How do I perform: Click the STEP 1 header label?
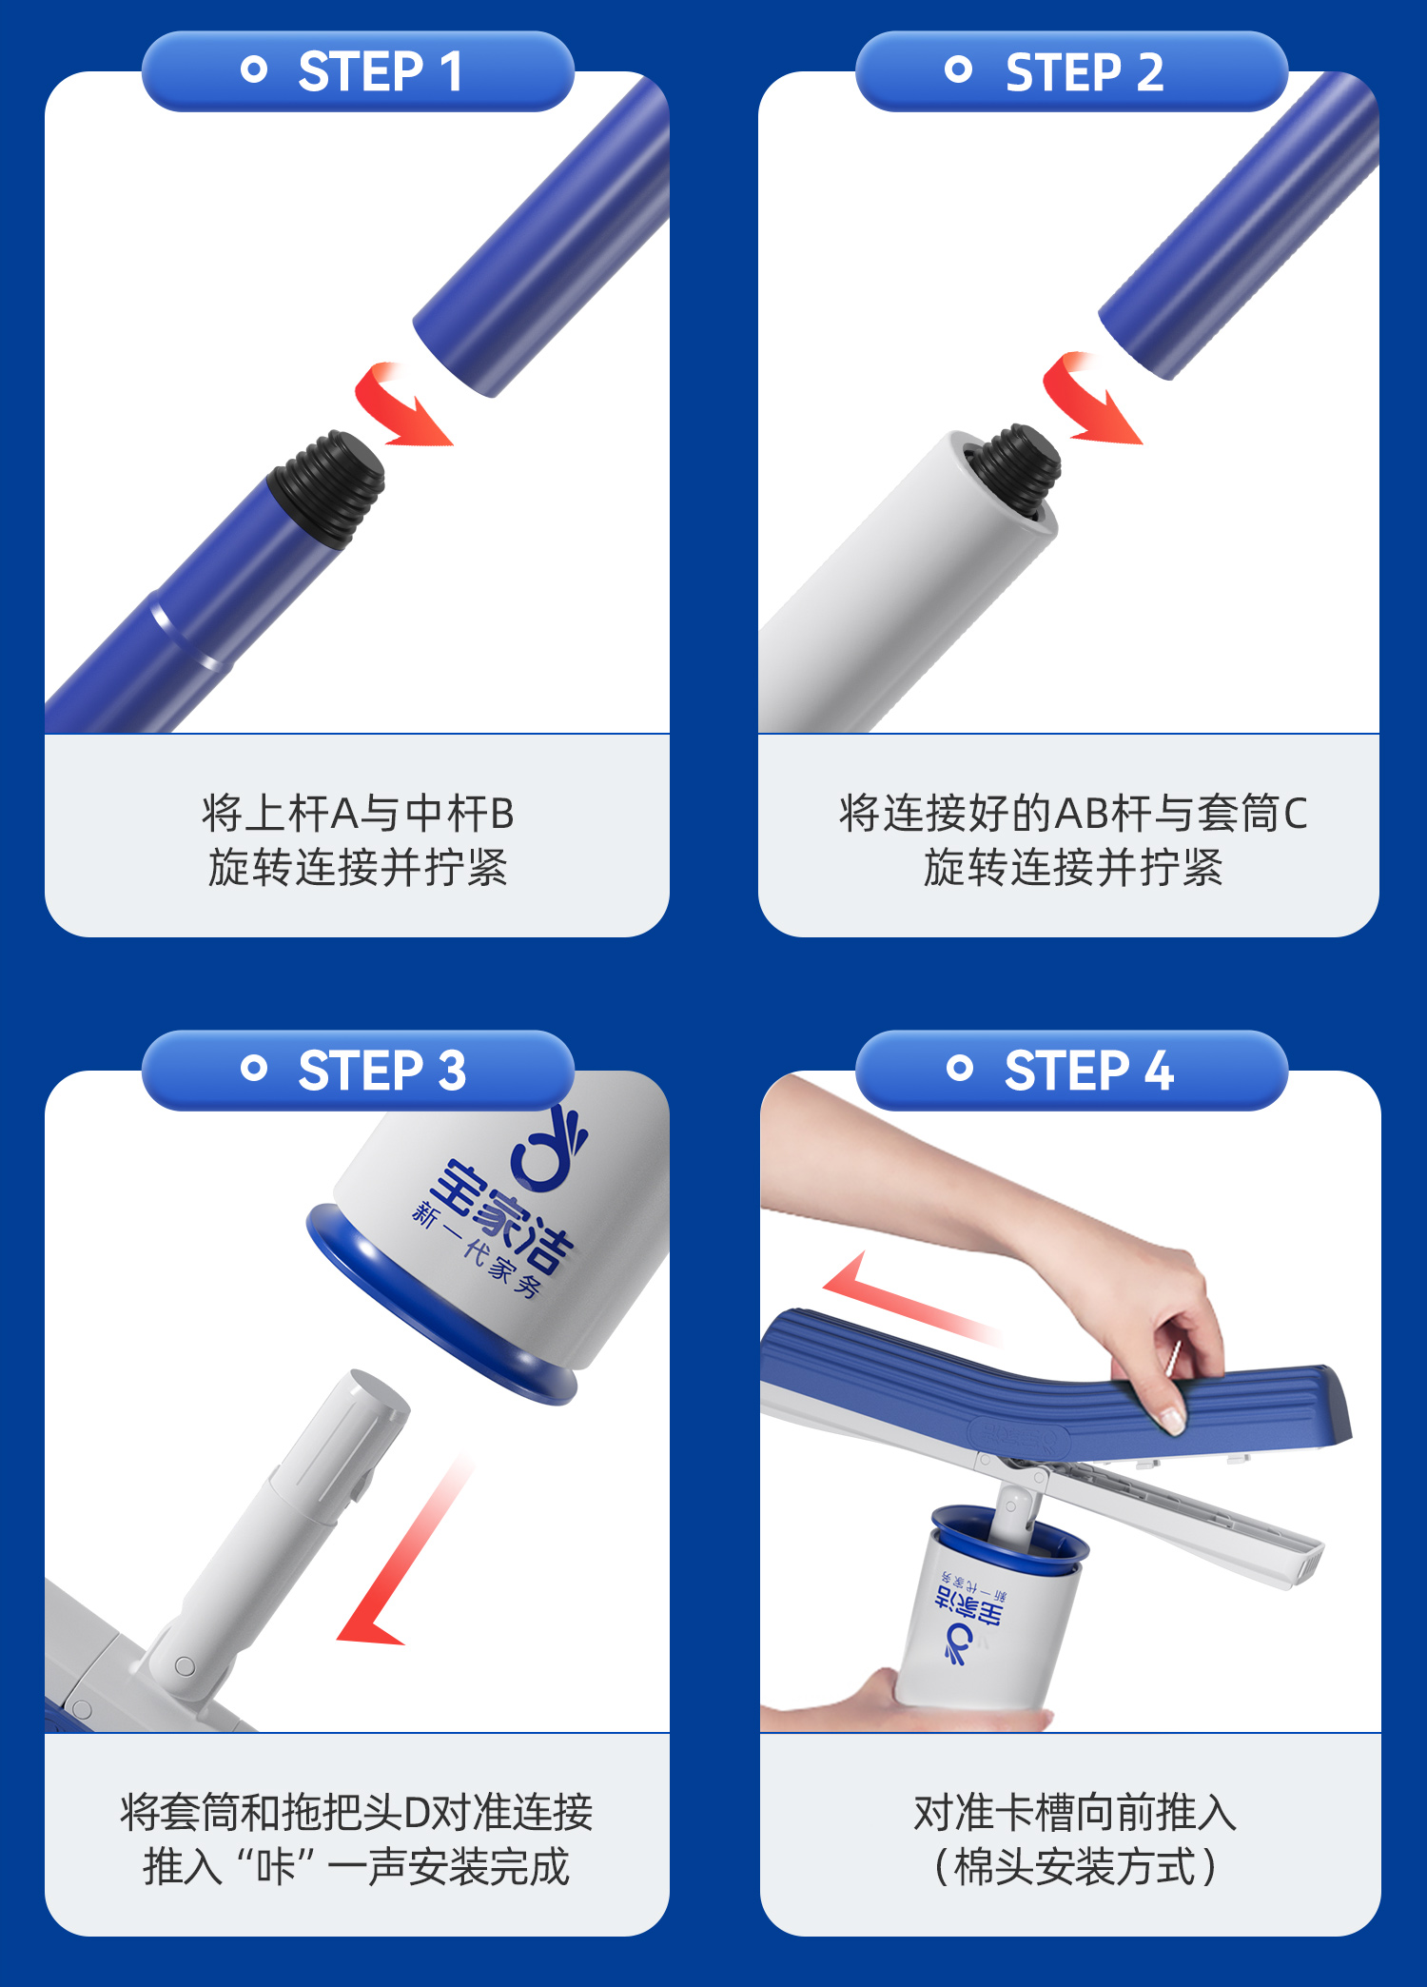381,71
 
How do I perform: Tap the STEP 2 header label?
1085,71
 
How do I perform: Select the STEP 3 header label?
381,1071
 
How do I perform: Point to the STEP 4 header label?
1088,1071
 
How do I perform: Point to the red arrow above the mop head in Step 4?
904,1299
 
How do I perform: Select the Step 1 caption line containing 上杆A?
358,814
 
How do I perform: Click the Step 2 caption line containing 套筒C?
1073,814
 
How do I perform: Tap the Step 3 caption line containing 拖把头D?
357,1812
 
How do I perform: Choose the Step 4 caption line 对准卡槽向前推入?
1075,1812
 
